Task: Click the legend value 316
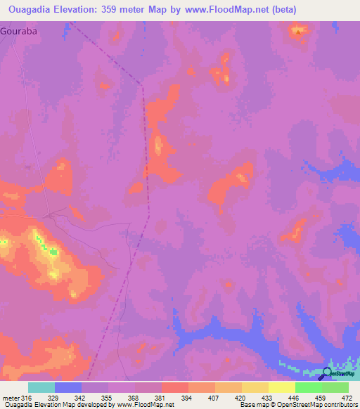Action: pos(27,398)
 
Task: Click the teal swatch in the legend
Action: pos(41,387)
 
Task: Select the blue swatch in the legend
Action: pos(68,387)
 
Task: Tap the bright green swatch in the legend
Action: pos(309,387)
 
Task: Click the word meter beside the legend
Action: pos(10,398)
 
